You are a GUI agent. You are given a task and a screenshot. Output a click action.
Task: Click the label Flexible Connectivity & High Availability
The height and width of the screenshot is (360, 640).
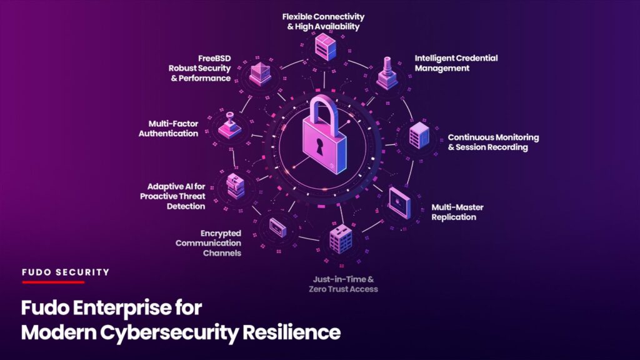323,22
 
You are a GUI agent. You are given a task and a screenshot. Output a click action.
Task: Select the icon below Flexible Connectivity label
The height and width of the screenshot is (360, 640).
325,47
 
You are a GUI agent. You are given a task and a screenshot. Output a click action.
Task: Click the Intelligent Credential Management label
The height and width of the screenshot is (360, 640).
456,63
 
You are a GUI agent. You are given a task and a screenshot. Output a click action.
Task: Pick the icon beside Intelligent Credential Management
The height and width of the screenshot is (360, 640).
386,74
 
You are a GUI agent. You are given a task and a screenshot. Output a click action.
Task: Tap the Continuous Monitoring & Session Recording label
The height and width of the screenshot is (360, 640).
493,142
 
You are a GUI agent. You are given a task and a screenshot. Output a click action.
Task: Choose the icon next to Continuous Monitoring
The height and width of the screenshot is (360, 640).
419,136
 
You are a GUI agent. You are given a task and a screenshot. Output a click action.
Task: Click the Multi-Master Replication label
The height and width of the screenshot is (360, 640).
457,212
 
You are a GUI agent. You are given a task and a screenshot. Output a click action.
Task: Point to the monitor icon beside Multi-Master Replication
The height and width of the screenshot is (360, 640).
400,203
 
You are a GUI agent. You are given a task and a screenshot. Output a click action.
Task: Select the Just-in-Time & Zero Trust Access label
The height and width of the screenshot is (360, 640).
343,284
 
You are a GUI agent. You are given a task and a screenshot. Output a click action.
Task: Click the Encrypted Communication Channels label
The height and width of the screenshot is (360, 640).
208,243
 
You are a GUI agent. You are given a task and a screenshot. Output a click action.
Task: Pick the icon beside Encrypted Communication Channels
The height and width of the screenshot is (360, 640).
278,227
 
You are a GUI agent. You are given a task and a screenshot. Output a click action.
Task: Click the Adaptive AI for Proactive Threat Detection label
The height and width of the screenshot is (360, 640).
172,196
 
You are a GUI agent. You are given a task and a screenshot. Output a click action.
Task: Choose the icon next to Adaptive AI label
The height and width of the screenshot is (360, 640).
236,186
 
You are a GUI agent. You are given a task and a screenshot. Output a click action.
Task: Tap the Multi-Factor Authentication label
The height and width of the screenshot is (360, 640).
168,129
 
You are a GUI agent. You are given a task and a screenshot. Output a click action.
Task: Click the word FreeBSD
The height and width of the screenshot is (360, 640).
214,58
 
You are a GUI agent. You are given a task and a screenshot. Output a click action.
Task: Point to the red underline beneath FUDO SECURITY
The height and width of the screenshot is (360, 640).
54,282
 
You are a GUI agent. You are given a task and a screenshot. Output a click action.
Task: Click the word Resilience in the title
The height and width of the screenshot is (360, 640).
291,332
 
